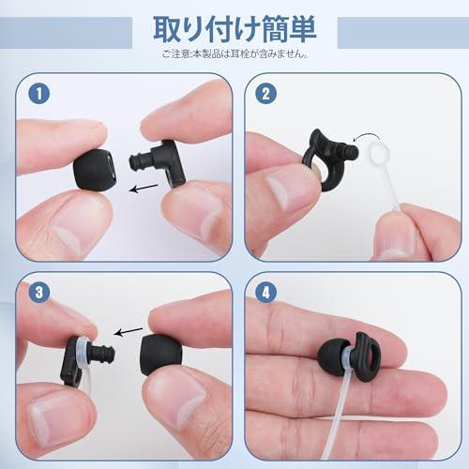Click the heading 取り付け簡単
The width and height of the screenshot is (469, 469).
[x=234, y=25]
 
